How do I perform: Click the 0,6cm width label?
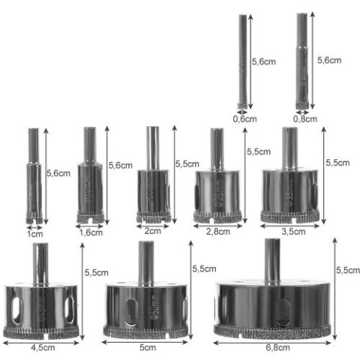point(243,117)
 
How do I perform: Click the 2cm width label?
point(152,231)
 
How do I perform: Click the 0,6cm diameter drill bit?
point(242,60)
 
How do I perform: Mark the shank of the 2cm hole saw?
point(152,145)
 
